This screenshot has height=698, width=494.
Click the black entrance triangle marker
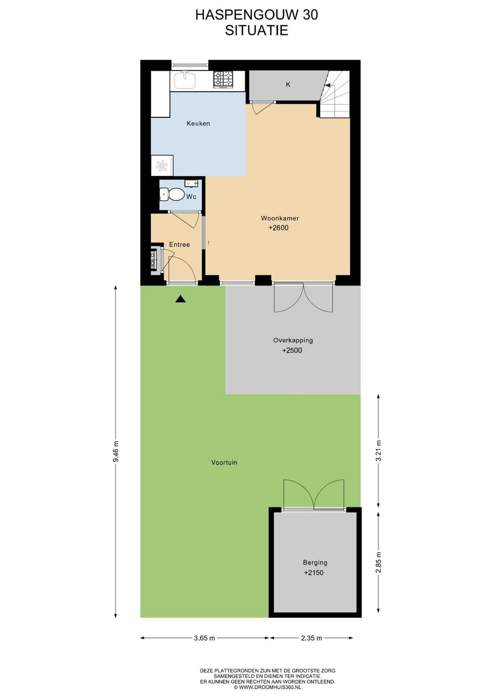click(x=181, y=299)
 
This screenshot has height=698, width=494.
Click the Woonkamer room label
click(x=280, y=218)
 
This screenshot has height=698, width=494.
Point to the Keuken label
click(x=198, y=123)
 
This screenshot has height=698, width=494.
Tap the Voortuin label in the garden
click(x=224, y=462)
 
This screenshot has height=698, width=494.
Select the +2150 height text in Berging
click(x=314, y=572)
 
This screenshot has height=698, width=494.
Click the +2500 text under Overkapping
click(x=292, y=350)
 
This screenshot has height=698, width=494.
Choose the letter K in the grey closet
click(x=288, y=85)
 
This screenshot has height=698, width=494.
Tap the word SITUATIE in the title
click(x=257, y=31)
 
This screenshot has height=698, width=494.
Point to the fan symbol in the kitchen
click(x=161, y=165)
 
